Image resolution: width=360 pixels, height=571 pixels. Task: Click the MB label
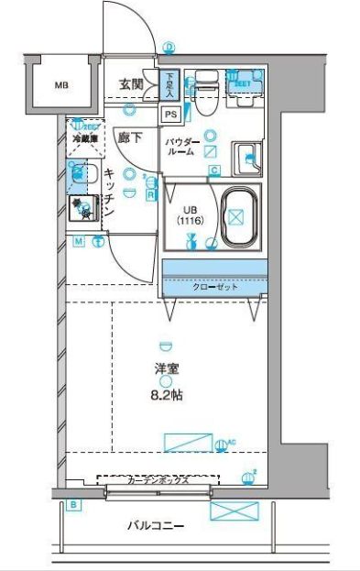click(x=60, y=87)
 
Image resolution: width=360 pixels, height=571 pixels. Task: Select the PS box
click(x=170, y=114)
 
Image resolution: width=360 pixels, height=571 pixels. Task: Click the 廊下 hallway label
click(x=130, y=137)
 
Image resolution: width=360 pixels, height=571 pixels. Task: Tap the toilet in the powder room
click(x=203, y=86)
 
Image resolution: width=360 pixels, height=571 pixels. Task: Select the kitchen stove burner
click(x=83, y=210)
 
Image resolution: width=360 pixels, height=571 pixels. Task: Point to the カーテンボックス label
click(x=158, y=479)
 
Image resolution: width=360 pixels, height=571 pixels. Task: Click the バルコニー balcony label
click(x=157, y=526)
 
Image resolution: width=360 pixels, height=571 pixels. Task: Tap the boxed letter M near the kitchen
click(x=79, y=241)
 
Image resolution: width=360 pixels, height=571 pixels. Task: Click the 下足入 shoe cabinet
click(x=171, y=84)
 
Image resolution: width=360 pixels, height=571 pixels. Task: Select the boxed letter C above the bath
click(x=214, y=170)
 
